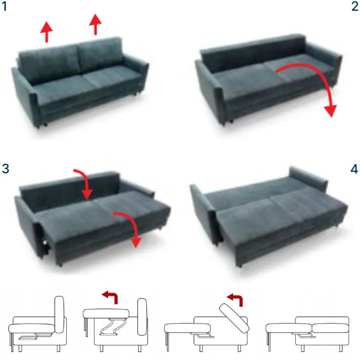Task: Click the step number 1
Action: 4,6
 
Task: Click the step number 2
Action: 355,6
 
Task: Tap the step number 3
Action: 5,168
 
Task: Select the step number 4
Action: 354,169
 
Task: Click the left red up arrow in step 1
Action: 46,32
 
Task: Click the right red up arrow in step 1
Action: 95,24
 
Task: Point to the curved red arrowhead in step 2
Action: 331,111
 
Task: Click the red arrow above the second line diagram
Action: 110,297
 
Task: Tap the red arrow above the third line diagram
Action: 235,299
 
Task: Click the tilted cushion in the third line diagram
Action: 234,318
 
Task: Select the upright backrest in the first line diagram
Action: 59,314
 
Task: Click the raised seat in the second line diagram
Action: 106,314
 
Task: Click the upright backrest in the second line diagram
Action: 142,317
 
